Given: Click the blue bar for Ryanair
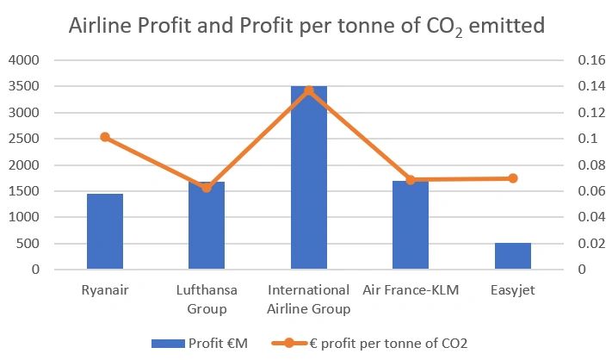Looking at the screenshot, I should pyautogui.click(x=105, y=232).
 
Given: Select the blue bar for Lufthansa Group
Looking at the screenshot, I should pyautogui.click(x=207, y=226).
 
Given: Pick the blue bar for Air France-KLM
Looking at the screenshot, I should pyautogui.click(x=411, y=226).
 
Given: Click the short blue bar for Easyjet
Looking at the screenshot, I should pyautogui.click(x=513, y=256).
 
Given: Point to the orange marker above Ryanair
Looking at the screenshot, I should pyautogui.click(x=105, y=137).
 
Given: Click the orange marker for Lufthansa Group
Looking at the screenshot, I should pyautogui.click(x=207, y=188).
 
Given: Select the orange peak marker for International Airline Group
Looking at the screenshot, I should pyautogui.click(x=309, y=90).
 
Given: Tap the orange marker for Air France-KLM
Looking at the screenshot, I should pyautogui.click(x=411, y=180).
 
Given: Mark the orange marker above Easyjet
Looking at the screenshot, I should pyautogui.click(x=513, y=178).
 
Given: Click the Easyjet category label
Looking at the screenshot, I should pyautogui.click(x=512, y=290).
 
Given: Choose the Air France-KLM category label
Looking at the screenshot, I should pyautogui.click(x=411, y=290).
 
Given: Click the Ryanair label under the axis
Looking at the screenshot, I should pyautogui.click(x=105, y=290).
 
